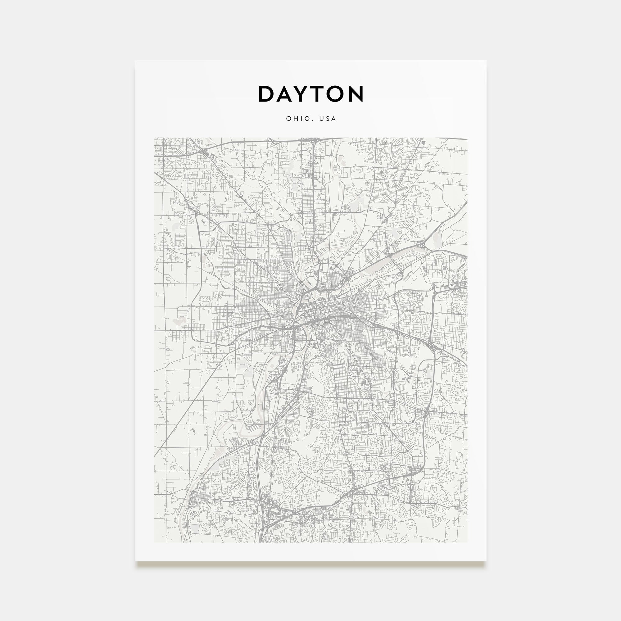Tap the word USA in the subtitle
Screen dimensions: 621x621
pos(328,119)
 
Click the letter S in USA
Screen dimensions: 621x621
pos(328,119)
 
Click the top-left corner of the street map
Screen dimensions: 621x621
pos(154,138)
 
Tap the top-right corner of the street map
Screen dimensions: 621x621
pos(467,138)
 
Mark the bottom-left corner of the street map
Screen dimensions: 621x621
pos(154,542)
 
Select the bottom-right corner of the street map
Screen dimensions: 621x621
pos(467,542)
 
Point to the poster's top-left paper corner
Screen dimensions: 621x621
pos(135,61)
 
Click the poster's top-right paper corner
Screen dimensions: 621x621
pos(486,61)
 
